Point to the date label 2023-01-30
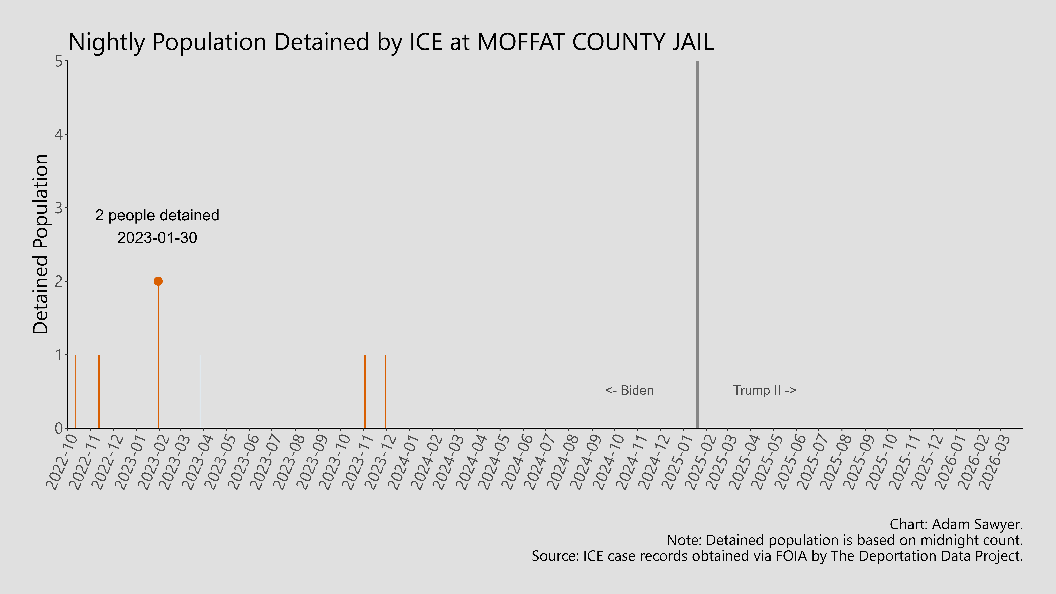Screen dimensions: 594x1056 click(x=157, y=238)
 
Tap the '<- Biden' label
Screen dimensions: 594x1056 click(x=629, y=390)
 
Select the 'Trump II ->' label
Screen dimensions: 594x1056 click(x=764, y=390)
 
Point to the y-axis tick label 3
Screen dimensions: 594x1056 click(x=59, y=208)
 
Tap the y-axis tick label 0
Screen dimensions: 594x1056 click(x=59, y=428)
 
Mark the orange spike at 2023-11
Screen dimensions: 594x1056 click(x=365, y=391)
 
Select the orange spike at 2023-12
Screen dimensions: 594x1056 click(x=385, y=391)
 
